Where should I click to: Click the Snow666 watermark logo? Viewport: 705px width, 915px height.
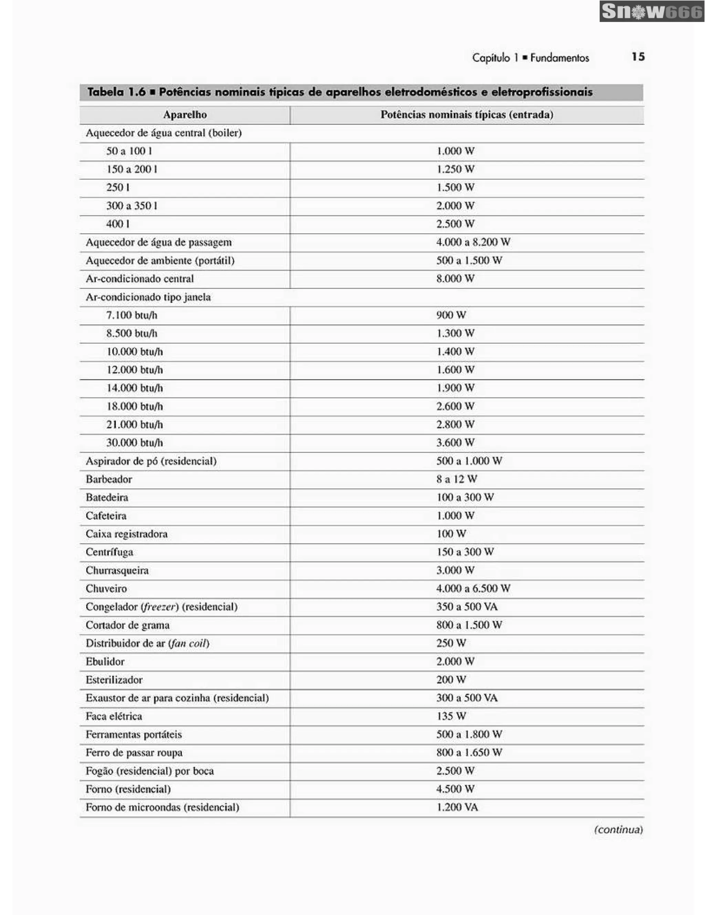pos(651,11)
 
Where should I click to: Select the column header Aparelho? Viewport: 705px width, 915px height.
pos(185,115)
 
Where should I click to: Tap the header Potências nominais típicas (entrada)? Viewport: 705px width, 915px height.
pos(466,115)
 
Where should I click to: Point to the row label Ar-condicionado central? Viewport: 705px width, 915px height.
pos(139,279)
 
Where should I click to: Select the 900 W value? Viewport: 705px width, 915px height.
pos(451,315)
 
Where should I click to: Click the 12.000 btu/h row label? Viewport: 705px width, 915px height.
pos(134,370)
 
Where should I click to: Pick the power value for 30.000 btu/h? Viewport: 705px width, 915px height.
pos(455,443)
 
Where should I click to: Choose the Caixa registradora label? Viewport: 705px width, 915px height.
pos(127,534)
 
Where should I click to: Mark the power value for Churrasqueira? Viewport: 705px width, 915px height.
pos(455,571)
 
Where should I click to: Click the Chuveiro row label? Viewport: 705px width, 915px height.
pos(106,589)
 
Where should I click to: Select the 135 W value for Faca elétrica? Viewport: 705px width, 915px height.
pos(451,717)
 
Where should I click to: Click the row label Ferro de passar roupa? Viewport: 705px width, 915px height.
pos(134,753)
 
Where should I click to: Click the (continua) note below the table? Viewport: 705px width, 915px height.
pos(618,830)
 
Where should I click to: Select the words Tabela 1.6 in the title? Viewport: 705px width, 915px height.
pos(116,92)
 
